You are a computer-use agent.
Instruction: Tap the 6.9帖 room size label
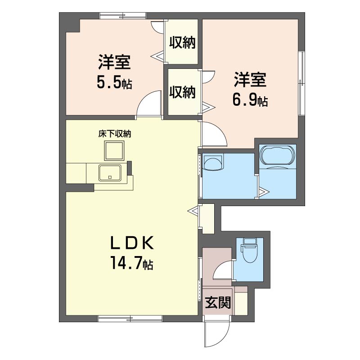point(250,100)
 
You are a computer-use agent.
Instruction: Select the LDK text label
point(132,243)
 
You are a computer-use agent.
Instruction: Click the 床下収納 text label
point(115,134)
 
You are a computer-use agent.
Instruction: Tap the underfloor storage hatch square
point(114,151)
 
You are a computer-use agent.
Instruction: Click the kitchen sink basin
point(110,173)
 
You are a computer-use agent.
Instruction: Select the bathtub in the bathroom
point(277,155)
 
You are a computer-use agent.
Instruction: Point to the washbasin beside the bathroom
point(213,162)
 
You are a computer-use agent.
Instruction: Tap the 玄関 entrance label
point(218,302)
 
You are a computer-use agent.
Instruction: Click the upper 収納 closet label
point(182,42)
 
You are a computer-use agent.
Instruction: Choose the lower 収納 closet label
point(182,92)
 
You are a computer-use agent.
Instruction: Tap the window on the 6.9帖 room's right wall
point(301,83)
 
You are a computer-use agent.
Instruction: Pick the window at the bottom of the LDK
point(130,319)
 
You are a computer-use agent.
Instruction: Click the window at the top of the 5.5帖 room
point(123,16)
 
